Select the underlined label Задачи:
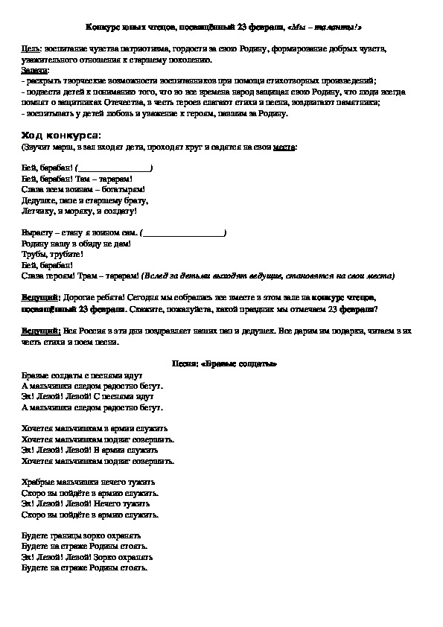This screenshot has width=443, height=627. (34, 69)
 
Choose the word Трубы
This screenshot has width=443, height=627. (34, 254)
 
